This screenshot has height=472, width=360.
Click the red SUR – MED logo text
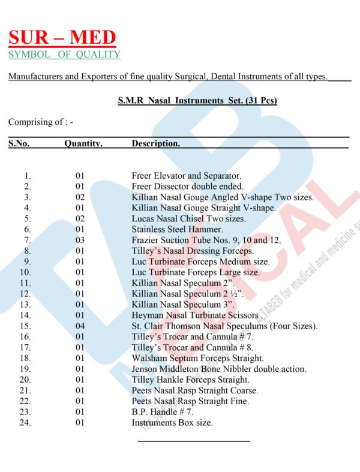click(62, 38)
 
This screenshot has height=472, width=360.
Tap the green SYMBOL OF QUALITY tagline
click(64, 55)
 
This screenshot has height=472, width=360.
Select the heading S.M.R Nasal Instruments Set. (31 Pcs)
click(197, 100)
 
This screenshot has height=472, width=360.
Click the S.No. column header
click(19, 143)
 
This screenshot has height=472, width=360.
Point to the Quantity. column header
click(83, 143)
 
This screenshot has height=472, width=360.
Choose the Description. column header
click(155, 143)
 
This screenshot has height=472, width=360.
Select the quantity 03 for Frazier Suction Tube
click(80, 240)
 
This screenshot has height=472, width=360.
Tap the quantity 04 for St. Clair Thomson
click(80, 326)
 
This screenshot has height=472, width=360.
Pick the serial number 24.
click(25, 423)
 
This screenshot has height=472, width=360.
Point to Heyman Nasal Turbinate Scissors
click(195, 315)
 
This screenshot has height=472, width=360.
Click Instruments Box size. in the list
click(172, 423)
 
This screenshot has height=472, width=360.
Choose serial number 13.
click(25, 304)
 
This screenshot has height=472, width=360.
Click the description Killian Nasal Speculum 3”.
click(178, 304)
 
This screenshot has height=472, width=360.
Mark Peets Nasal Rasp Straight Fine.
click(190, 401)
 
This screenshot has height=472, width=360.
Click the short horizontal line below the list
click(194, 441)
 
